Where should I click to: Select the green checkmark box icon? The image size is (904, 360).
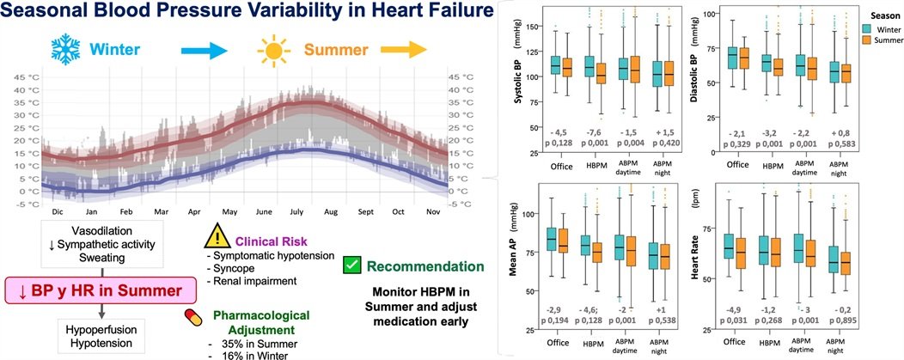coord(351,267)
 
